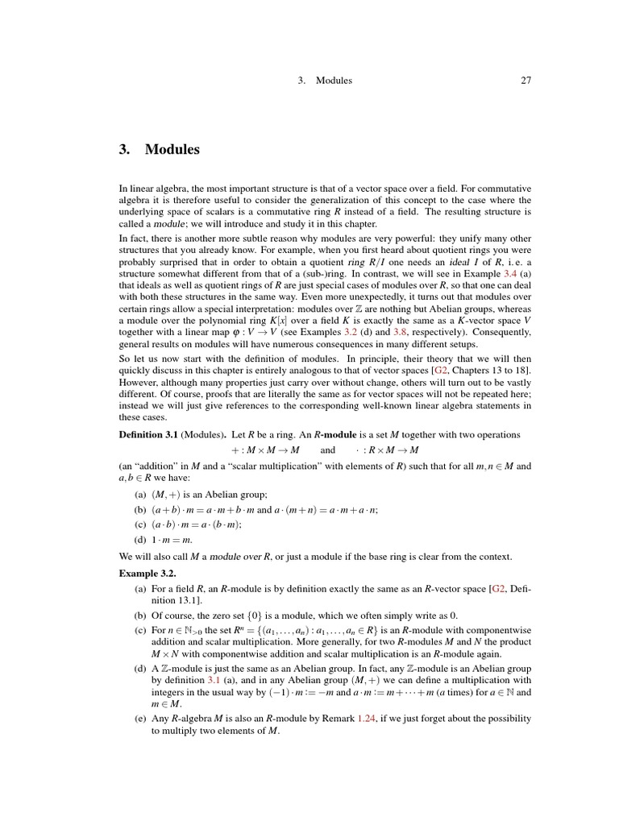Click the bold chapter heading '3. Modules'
click(159, 149)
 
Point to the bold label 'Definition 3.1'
click(147, 434)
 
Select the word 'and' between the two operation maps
click(327, 449)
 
